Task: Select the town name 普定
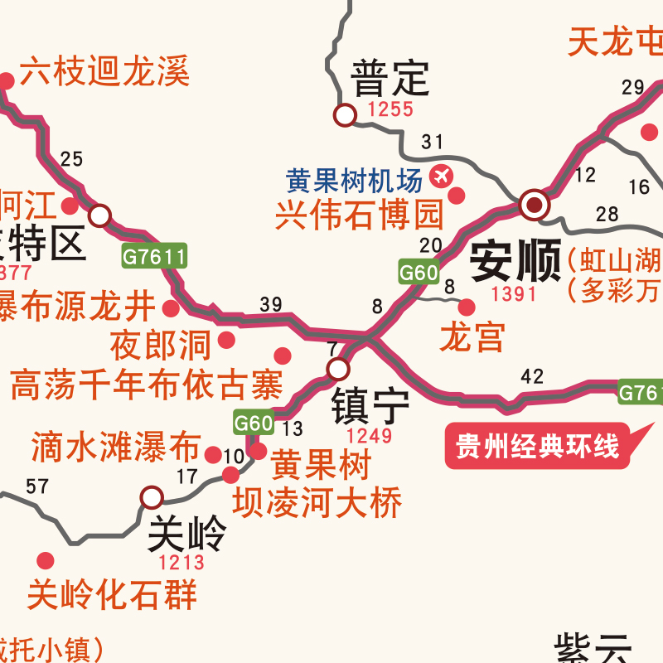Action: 390,80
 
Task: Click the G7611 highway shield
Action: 154,257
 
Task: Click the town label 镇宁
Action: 370,406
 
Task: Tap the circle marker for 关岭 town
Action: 152,497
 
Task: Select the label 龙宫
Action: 472,337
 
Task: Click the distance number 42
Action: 532,377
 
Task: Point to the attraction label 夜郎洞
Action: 161,345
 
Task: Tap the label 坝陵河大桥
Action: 317,502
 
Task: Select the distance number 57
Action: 37,486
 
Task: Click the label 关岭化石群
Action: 112,594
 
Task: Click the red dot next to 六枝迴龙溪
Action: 7,81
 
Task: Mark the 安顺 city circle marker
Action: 535,203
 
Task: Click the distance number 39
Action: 271,304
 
